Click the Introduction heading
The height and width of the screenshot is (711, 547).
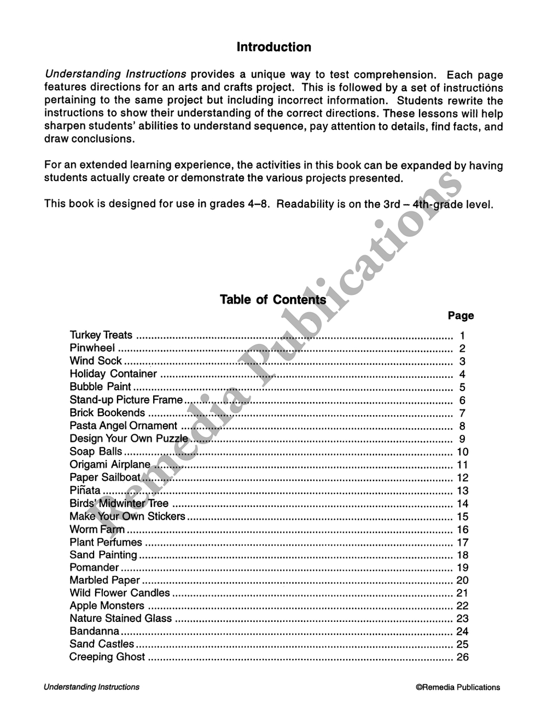273,47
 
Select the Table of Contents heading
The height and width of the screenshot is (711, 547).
272,300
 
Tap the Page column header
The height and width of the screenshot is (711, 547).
461,316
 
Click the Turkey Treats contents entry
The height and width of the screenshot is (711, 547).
101,335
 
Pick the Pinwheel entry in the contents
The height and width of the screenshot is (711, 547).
92,348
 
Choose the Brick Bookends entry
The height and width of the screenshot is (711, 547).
107,413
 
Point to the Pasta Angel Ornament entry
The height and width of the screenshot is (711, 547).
123,426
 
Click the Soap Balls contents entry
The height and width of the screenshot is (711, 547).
96,452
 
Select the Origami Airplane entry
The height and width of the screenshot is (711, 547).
109,465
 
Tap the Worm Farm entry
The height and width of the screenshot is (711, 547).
97,529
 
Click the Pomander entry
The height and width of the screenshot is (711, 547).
94,568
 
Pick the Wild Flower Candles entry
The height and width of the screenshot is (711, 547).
120,593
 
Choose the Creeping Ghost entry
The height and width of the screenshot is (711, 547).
107,657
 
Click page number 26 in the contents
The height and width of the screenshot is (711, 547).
462,657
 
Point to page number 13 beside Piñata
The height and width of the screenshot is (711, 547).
462,491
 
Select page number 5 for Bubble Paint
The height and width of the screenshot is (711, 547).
462,387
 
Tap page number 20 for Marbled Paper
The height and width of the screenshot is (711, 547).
462,580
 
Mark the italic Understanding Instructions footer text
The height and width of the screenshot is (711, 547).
91,687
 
